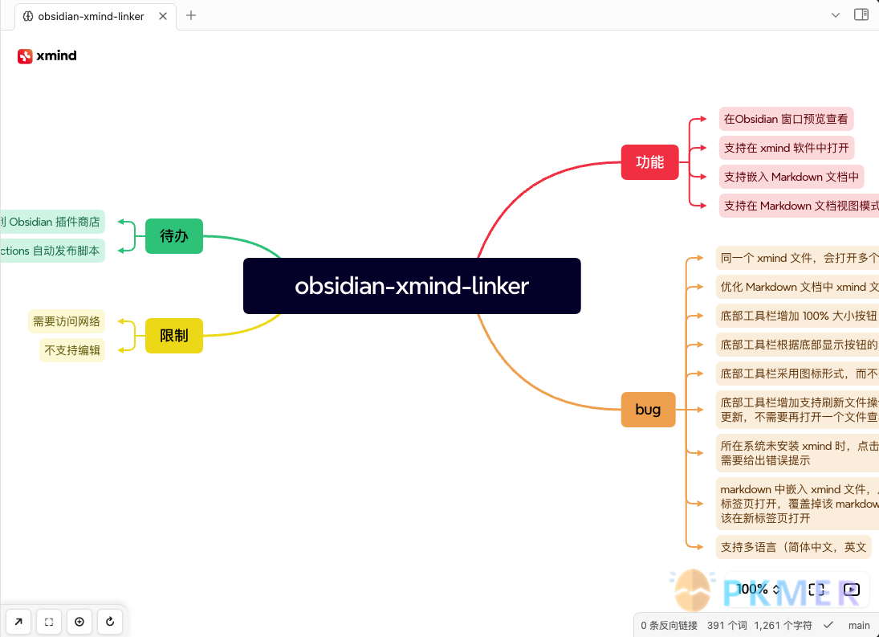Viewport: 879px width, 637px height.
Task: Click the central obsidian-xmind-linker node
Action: click(412, 286)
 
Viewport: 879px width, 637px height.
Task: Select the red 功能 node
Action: click(649, 162)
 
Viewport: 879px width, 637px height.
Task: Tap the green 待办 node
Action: click(174, 236)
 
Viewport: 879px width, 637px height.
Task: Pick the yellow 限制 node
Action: click(174, 336)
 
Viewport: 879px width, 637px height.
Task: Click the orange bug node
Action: click(648, 410)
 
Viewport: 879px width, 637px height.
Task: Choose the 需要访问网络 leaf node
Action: click(67, 322)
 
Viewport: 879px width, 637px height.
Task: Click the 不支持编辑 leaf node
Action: click(72, 350)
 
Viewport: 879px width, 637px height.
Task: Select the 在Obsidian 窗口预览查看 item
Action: click(786, 119)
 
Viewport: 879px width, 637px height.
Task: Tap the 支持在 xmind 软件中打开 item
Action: click(786, 148)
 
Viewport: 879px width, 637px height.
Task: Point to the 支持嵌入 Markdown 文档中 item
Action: click(792, 177)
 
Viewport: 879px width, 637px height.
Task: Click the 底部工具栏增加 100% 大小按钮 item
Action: click(798, 316)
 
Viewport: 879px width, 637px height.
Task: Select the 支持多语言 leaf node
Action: click(793, 547)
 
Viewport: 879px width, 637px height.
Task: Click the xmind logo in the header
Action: click(47, 55)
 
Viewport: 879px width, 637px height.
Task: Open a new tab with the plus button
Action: click(191, 15)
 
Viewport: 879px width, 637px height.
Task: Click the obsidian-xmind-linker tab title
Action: click(91, 16)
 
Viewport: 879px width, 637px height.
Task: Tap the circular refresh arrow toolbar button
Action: click(109, 622)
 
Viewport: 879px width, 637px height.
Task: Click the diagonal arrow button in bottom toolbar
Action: click(18, 622)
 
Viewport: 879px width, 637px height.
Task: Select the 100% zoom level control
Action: click(758, 590)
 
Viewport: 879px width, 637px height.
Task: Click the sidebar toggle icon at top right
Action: click(861, 14)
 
